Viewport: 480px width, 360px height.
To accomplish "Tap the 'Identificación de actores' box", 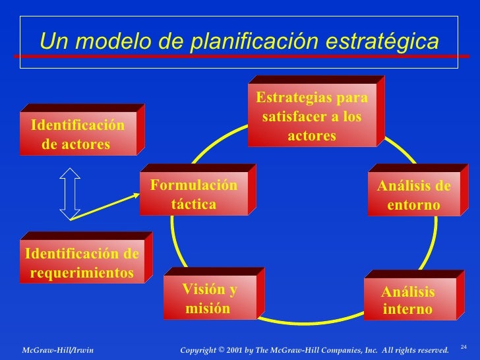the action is [x=77, y=135].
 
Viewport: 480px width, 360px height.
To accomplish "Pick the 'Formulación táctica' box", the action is [x=193, y=195].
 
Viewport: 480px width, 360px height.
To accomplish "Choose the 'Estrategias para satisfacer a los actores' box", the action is [x=312, y=117].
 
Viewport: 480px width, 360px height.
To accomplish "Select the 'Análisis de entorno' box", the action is [x=413, y=196].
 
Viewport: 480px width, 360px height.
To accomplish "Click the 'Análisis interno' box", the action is [x=408, y=301].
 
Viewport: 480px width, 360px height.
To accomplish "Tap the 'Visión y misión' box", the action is [x=209, y=299].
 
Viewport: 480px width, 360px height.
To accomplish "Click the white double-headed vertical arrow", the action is [x=70, y=193].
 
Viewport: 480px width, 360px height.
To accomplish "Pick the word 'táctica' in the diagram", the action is [x=193, y=204].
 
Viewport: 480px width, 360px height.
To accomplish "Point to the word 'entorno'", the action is [x=413, y=206].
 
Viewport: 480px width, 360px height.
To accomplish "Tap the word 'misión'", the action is [x=208, y=309].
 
